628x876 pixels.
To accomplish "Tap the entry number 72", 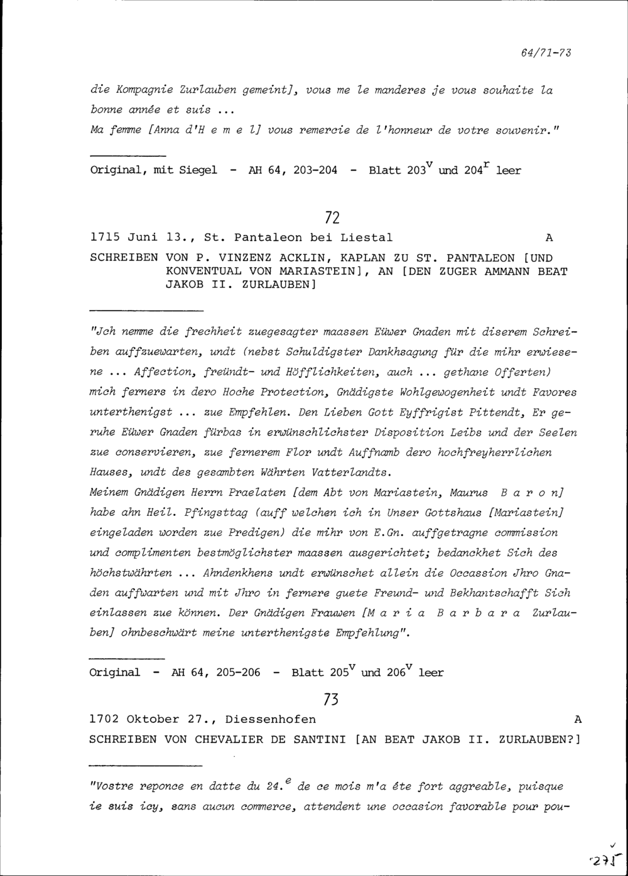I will tap(333, 218).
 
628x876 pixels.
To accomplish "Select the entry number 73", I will tap(330, 698).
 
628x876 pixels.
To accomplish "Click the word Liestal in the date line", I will tap(366, 238).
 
